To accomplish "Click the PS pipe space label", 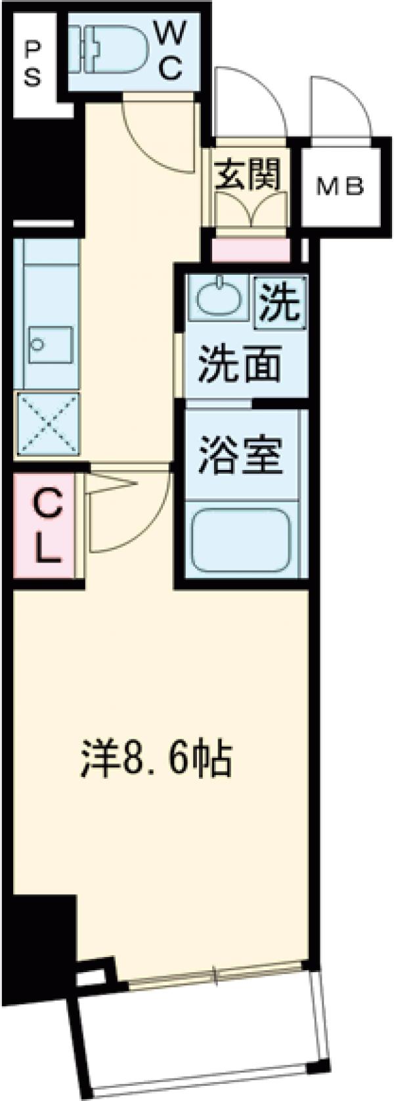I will [32, 64].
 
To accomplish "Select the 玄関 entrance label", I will [249, 175].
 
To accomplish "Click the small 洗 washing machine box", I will [280, 300].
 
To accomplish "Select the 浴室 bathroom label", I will [240, 456].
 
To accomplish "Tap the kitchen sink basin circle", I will [37, 343].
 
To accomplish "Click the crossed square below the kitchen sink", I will [47, 423].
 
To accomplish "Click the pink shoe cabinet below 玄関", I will [250, 250].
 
